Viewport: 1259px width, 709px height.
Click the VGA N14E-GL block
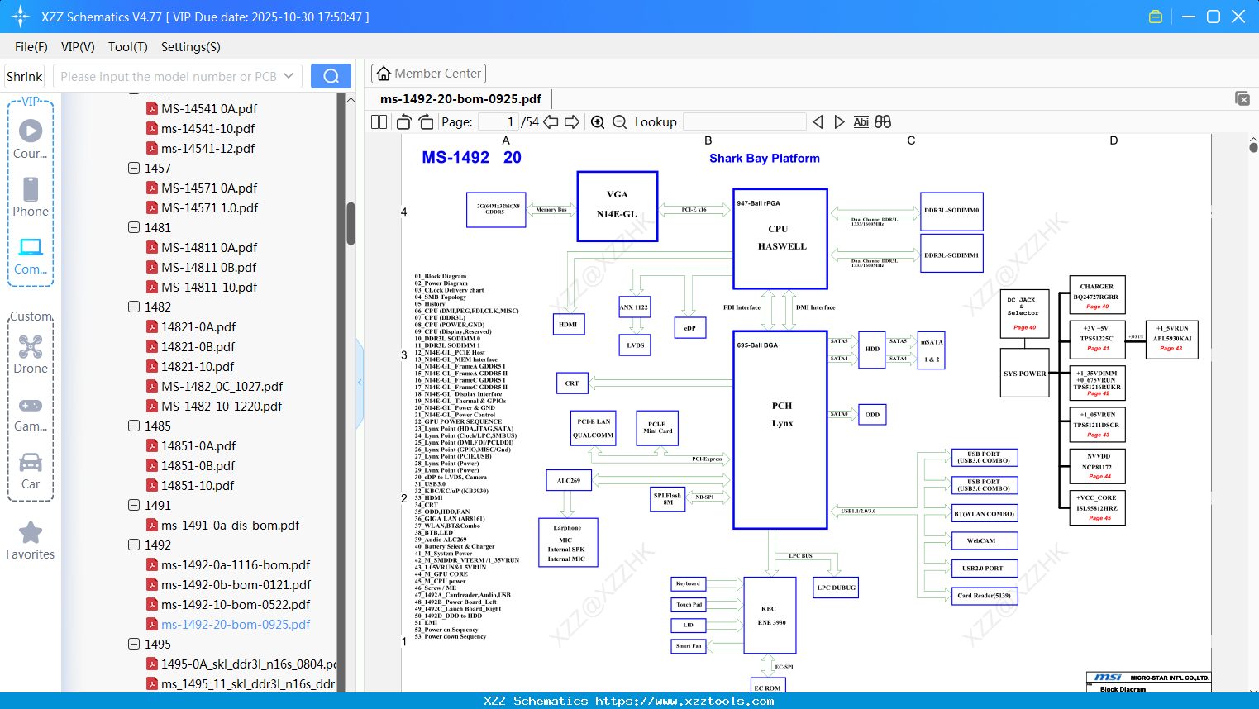617,206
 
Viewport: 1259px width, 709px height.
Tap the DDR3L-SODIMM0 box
951,211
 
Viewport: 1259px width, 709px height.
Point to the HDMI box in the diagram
568,324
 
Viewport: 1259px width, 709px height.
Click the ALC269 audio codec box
568,480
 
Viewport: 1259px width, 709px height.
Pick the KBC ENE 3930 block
770,616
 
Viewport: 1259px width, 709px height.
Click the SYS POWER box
1024,374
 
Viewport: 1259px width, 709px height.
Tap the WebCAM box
983,540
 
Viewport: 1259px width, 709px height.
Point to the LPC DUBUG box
837,588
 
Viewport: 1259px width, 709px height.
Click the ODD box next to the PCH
872,414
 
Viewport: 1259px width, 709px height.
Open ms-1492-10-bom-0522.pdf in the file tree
236,605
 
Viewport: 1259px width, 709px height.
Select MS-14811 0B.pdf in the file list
208,268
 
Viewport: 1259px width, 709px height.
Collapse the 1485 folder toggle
134,426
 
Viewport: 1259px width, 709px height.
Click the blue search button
331,76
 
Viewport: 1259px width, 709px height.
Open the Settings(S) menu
190,47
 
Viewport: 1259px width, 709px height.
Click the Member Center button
428,74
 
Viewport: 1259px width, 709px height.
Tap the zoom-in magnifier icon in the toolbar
598,122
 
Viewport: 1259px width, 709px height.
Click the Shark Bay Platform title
764,158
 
